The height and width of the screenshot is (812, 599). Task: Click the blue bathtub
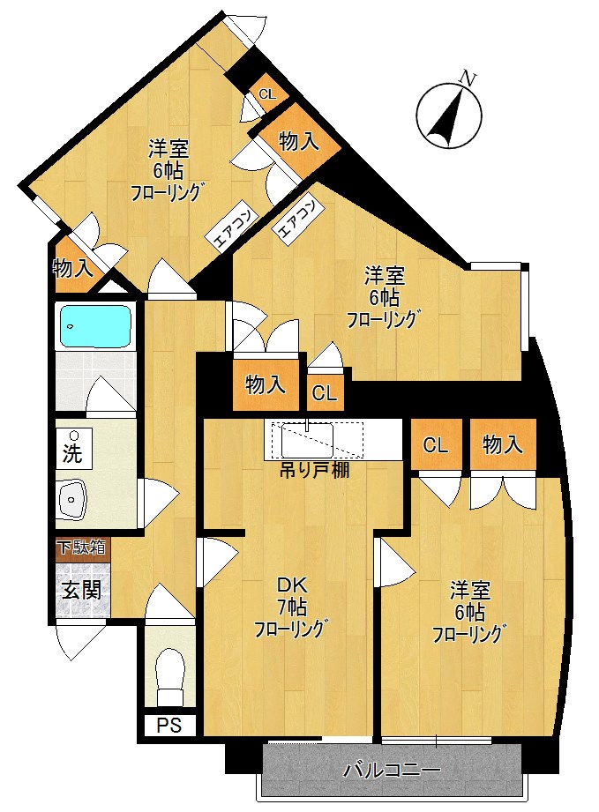pos(96,326)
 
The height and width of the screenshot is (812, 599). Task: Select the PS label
pos(169,725)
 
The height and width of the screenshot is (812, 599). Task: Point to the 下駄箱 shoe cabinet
pos(82,548)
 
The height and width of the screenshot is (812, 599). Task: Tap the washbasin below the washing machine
pos(72,499)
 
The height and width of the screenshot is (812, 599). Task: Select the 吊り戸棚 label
pos(315,470)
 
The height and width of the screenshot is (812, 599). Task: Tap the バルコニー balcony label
pos(393,770)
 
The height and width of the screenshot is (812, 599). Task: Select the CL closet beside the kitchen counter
pos(325,393)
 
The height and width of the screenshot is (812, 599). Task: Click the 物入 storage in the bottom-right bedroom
pos(502,444)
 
